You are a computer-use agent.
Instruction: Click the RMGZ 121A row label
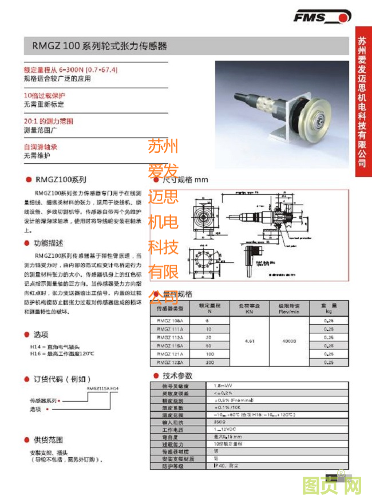pos(169,354)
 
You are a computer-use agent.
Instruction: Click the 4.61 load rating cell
pos(249,341)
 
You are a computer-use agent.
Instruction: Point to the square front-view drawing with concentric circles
pos(203,215)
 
